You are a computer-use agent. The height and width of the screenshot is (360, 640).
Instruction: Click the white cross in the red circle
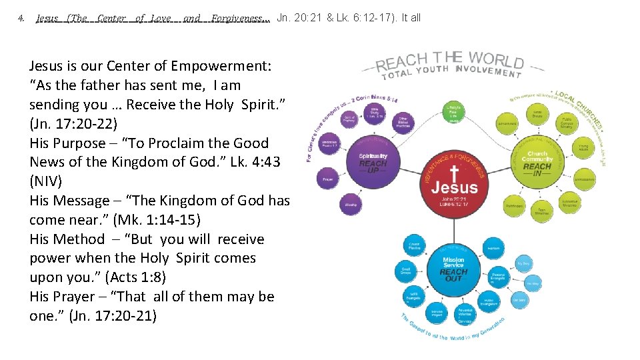tap(454, 173)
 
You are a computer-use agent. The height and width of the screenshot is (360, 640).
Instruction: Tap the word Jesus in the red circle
tap(454, 189)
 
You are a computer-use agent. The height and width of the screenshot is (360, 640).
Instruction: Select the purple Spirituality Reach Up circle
tap(373, 160)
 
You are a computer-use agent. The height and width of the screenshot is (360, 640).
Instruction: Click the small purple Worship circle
tap(351, 205)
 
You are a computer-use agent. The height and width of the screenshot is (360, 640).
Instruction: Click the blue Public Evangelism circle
tap(489, 301)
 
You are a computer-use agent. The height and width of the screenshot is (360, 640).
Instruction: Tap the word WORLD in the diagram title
tap(496, 59)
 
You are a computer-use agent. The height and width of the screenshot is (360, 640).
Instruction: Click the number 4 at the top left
tap(21, 18)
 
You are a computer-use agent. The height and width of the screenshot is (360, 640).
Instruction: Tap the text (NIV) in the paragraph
tap(47, 181)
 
